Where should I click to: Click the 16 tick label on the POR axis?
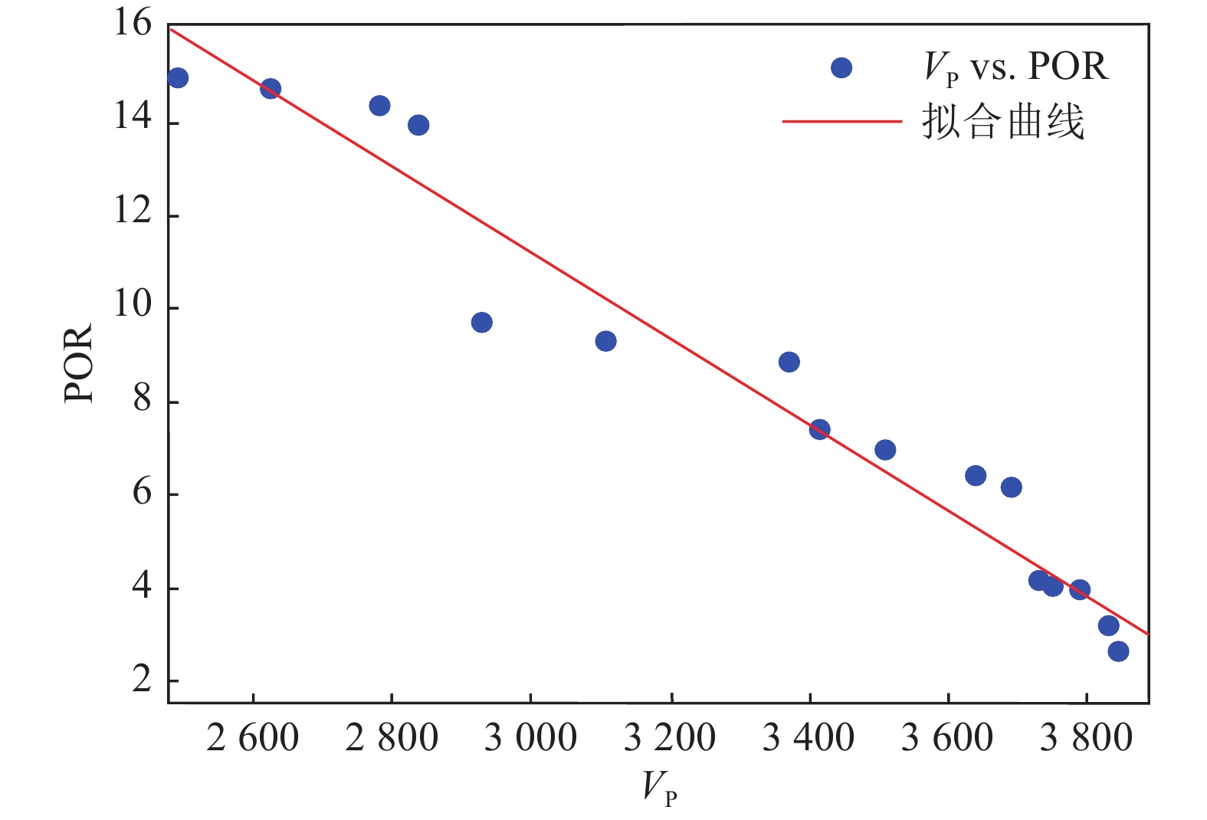(x=133, y=24)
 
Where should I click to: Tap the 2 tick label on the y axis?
(x=142, y=679)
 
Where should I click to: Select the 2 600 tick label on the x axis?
(x=252, y=738)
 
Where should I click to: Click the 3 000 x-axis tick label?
(x=530, y=738)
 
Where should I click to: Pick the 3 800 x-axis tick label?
(x=1086, y=738)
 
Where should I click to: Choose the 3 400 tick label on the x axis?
(x=808, y=738)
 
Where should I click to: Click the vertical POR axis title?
(x=78, y=362)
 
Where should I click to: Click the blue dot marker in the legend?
(x=841, y=68)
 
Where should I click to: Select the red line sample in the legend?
(x=841, y=121)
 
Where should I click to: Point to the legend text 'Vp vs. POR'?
(x=1015, y=67)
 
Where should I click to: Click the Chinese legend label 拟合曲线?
(x=1003, y=122)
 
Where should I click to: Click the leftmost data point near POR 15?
(x=178, y=77)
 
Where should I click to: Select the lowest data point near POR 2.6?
(x=1118, y=651)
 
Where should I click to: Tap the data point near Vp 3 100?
(x=605, y=341)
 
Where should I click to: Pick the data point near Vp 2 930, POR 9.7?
(x=481, y=323)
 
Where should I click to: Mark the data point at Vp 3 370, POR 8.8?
(x=789, y=362)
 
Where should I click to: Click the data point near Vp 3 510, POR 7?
(x=885, y=450)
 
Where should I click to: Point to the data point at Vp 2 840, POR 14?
(x=418, y=125)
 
